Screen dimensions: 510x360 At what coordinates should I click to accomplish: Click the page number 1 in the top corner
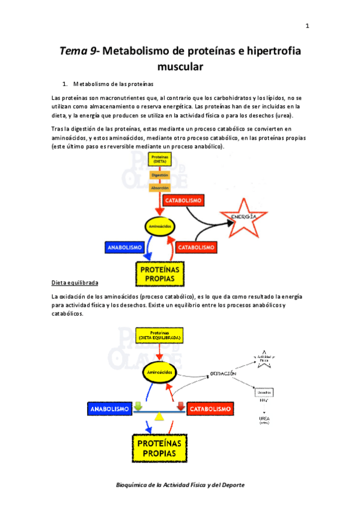tap(307, 26)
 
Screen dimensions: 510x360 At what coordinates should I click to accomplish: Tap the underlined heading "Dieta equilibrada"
tap(75, 282)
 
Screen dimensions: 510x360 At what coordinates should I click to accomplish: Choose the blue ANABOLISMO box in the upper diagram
tap(124, 247)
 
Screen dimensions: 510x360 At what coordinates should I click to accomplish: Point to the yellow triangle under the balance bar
tap(159, 416)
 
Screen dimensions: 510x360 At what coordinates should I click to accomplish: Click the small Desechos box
tap(264, 392)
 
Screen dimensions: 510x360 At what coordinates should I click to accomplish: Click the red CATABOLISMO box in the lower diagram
tap(210, 409)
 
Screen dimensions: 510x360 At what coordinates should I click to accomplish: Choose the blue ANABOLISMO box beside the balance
tap(109, 409)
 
